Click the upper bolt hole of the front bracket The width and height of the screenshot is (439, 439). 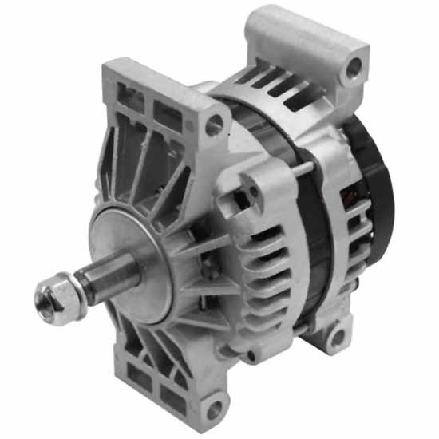[213, 125]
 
